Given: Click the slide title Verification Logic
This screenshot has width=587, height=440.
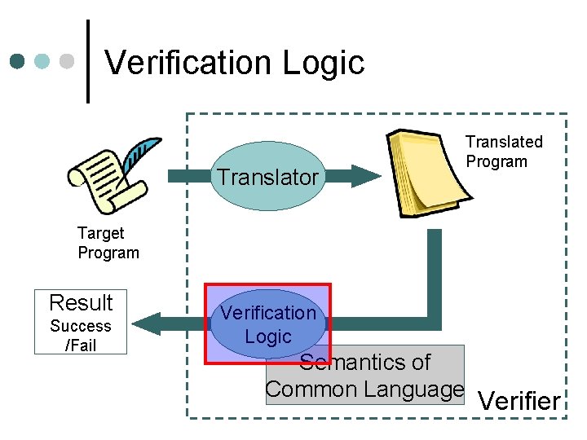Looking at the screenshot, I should click(235, 63).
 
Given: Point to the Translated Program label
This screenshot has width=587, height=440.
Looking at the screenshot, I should click(504, 152).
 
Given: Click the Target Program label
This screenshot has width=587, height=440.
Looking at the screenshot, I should click(108, 243).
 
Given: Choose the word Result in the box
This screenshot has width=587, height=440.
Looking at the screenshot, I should click(81, 303).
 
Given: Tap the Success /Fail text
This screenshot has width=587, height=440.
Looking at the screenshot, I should click(81, 336).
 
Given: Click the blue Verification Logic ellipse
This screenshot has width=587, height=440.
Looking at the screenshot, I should click(267, 324).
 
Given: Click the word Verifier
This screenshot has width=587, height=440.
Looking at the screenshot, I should click(519, 401).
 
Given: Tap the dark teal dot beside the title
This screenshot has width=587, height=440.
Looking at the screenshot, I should click(18, 61).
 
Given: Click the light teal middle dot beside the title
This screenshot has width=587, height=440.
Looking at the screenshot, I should click(43, 61).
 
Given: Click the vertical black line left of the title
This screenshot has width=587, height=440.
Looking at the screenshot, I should click(88, 61).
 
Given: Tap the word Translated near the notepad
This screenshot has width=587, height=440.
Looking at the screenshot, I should click(504, 142).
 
